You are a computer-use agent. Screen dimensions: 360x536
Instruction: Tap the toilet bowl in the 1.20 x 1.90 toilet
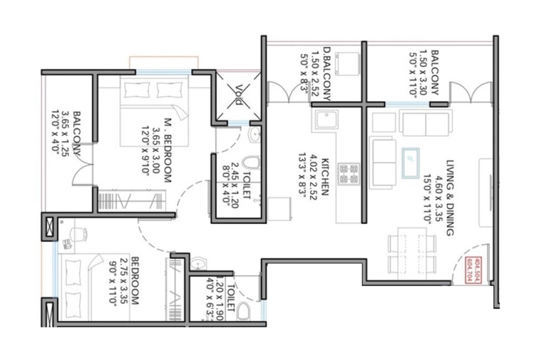point(243,313)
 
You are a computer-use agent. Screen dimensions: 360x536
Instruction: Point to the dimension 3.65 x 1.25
point(67,138)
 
